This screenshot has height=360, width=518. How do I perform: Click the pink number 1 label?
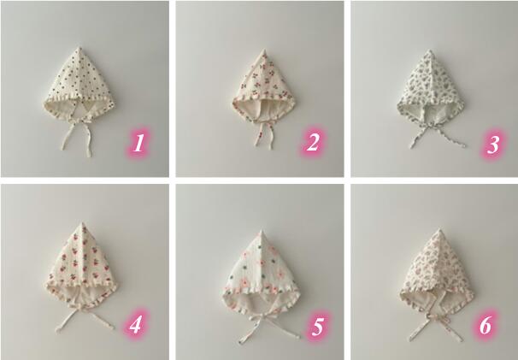139,143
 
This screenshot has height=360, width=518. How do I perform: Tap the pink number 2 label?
313,143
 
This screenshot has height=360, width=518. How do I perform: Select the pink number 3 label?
493,145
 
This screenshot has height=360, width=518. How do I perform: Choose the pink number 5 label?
317,327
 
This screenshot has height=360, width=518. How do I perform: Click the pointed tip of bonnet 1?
79,48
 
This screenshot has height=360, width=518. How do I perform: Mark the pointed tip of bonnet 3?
430,50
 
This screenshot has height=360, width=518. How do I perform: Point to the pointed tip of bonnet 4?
83,223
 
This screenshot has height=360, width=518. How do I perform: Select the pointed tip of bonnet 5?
262,230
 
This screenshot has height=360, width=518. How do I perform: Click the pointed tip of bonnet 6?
439,229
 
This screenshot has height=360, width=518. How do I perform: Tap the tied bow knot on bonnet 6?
436,316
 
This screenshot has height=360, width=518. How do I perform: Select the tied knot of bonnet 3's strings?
431,126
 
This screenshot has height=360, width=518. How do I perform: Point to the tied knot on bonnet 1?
79,123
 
